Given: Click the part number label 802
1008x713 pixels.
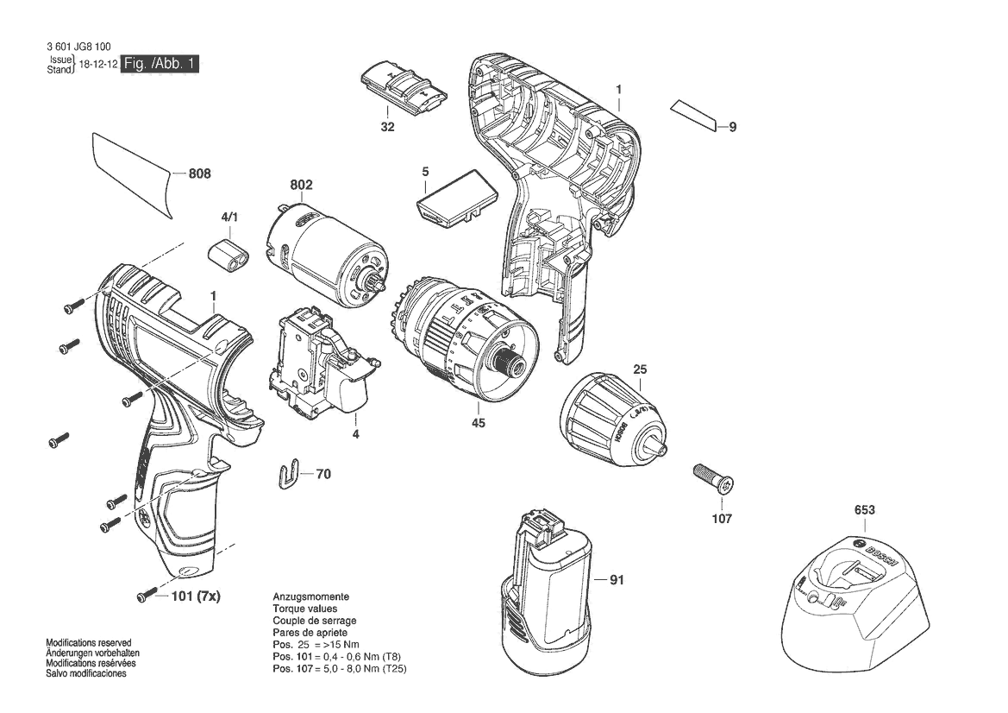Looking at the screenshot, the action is tap(301, 186).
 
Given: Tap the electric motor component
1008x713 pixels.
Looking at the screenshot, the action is tap(328, 254).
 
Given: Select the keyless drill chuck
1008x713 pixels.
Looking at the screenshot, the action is tap(615, 418).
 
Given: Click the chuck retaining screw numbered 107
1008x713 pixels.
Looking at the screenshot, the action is tap(714, 478).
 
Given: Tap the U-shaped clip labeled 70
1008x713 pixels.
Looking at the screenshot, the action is tap(290, 474).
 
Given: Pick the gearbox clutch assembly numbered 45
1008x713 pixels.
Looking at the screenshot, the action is tap(463, 339).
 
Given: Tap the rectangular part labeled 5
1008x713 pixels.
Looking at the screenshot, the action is tap(457, 199).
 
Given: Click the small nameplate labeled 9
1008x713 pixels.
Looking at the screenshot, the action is tap(693, 116).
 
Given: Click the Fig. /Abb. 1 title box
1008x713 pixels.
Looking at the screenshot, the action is tap(160, 64).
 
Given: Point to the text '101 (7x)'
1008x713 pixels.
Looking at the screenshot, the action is tap(196, 596).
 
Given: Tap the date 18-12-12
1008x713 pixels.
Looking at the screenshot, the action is tap(97, 65).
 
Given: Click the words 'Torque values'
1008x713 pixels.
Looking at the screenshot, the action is tap(304, 609).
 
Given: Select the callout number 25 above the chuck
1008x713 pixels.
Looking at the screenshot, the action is tap(640, 370).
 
